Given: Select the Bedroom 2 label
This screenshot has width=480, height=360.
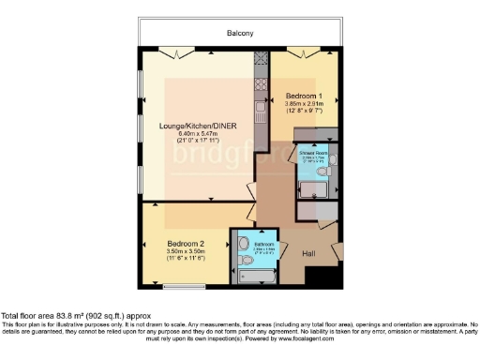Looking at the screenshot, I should coord(186,243).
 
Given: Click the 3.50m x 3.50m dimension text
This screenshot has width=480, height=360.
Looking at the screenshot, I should coord(186,250).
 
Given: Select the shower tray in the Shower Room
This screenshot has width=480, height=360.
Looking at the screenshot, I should coord(312,192).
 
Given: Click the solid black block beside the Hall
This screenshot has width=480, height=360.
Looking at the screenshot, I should coord(326,277).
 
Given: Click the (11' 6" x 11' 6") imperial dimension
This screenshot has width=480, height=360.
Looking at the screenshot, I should coord(186,258).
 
